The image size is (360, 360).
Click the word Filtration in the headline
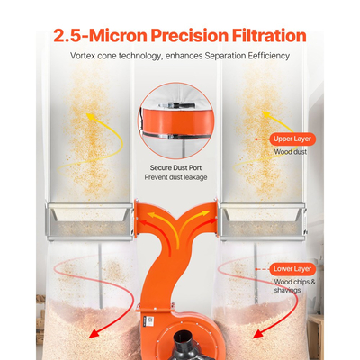pyautogui.click(x=269, y=36)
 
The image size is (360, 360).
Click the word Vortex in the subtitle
pyautogui.click(x=81, y=56)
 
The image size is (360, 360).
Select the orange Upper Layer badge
pyautogui.click(x=292, y=139)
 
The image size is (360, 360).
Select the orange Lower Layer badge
pyautogui.click(x=292, y=269)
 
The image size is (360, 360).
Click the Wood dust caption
pyautogui.click(x=291, y=152)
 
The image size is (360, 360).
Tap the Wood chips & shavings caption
pyautogui.click(x=294, y=286)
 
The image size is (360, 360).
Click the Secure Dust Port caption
pyautogui.click(x=175, y=167)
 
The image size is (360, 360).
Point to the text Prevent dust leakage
pyautogui.click(x=175, y=177)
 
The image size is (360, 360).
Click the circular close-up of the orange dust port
pyautogui.click(x=176, y=121)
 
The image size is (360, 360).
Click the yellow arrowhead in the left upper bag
pyautogui.click(x=90, y=116)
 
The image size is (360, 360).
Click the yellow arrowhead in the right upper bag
pyautogui.click(x=265, y=114)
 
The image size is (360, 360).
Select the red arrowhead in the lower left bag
pyautogui.click(x=94, y=332)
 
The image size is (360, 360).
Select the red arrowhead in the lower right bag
pyautogui.click(x=257, y=333)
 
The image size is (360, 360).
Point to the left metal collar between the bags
pyautogui.click(x=89, y=221)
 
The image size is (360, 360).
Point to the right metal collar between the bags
pyautogui.click(x=263, y=221)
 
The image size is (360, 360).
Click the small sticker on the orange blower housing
pyautogui.click(x=150, y=320)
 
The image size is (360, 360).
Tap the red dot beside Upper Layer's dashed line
pyautogui.click(x=256, y=139)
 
